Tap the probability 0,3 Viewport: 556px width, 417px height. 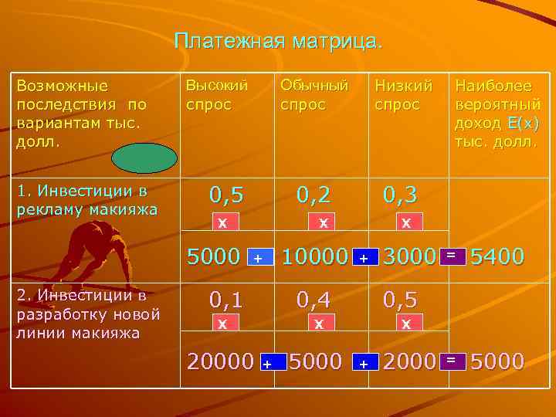coord(402,195)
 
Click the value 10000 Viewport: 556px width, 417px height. coord(314,256)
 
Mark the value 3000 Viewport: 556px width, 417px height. coord(409,256)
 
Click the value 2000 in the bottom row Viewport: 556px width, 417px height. coord(409,360)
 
